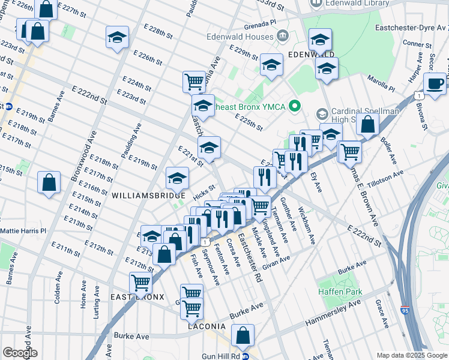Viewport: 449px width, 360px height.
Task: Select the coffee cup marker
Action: (x=435, y=84)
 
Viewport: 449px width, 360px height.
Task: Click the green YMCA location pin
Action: (x=294, y=107)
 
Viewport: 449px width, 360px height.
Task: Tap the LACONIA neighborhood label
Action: (x=205, y=326)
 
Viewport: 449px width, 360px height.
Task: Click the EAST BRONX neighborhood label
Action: (x=137, y=297)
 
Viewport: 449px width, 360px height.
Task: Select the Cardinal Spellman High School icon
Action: (x=322, y=113)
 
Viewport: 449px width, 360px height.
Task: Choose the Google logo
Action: (x=20, y=353)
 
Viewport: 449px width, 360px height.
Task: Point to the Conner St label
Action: (x=414, y=43)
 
